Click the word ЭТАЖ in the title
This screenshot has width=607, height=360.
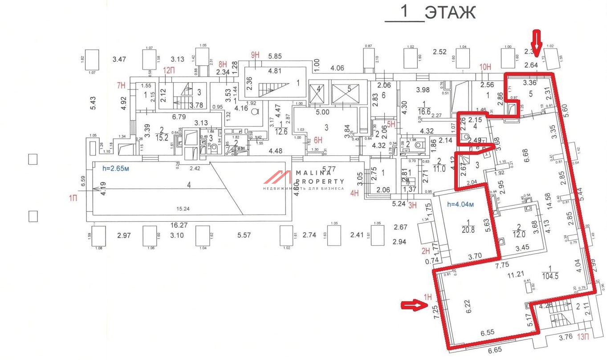(x=450, y=12)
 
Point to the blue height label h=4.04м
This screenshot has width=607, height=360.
(x=460, y=205)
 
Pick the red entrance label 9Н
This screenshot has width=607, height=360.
(x=255, y=55)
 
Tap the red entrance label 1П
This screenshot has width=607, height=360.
(x=73, y=198)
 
